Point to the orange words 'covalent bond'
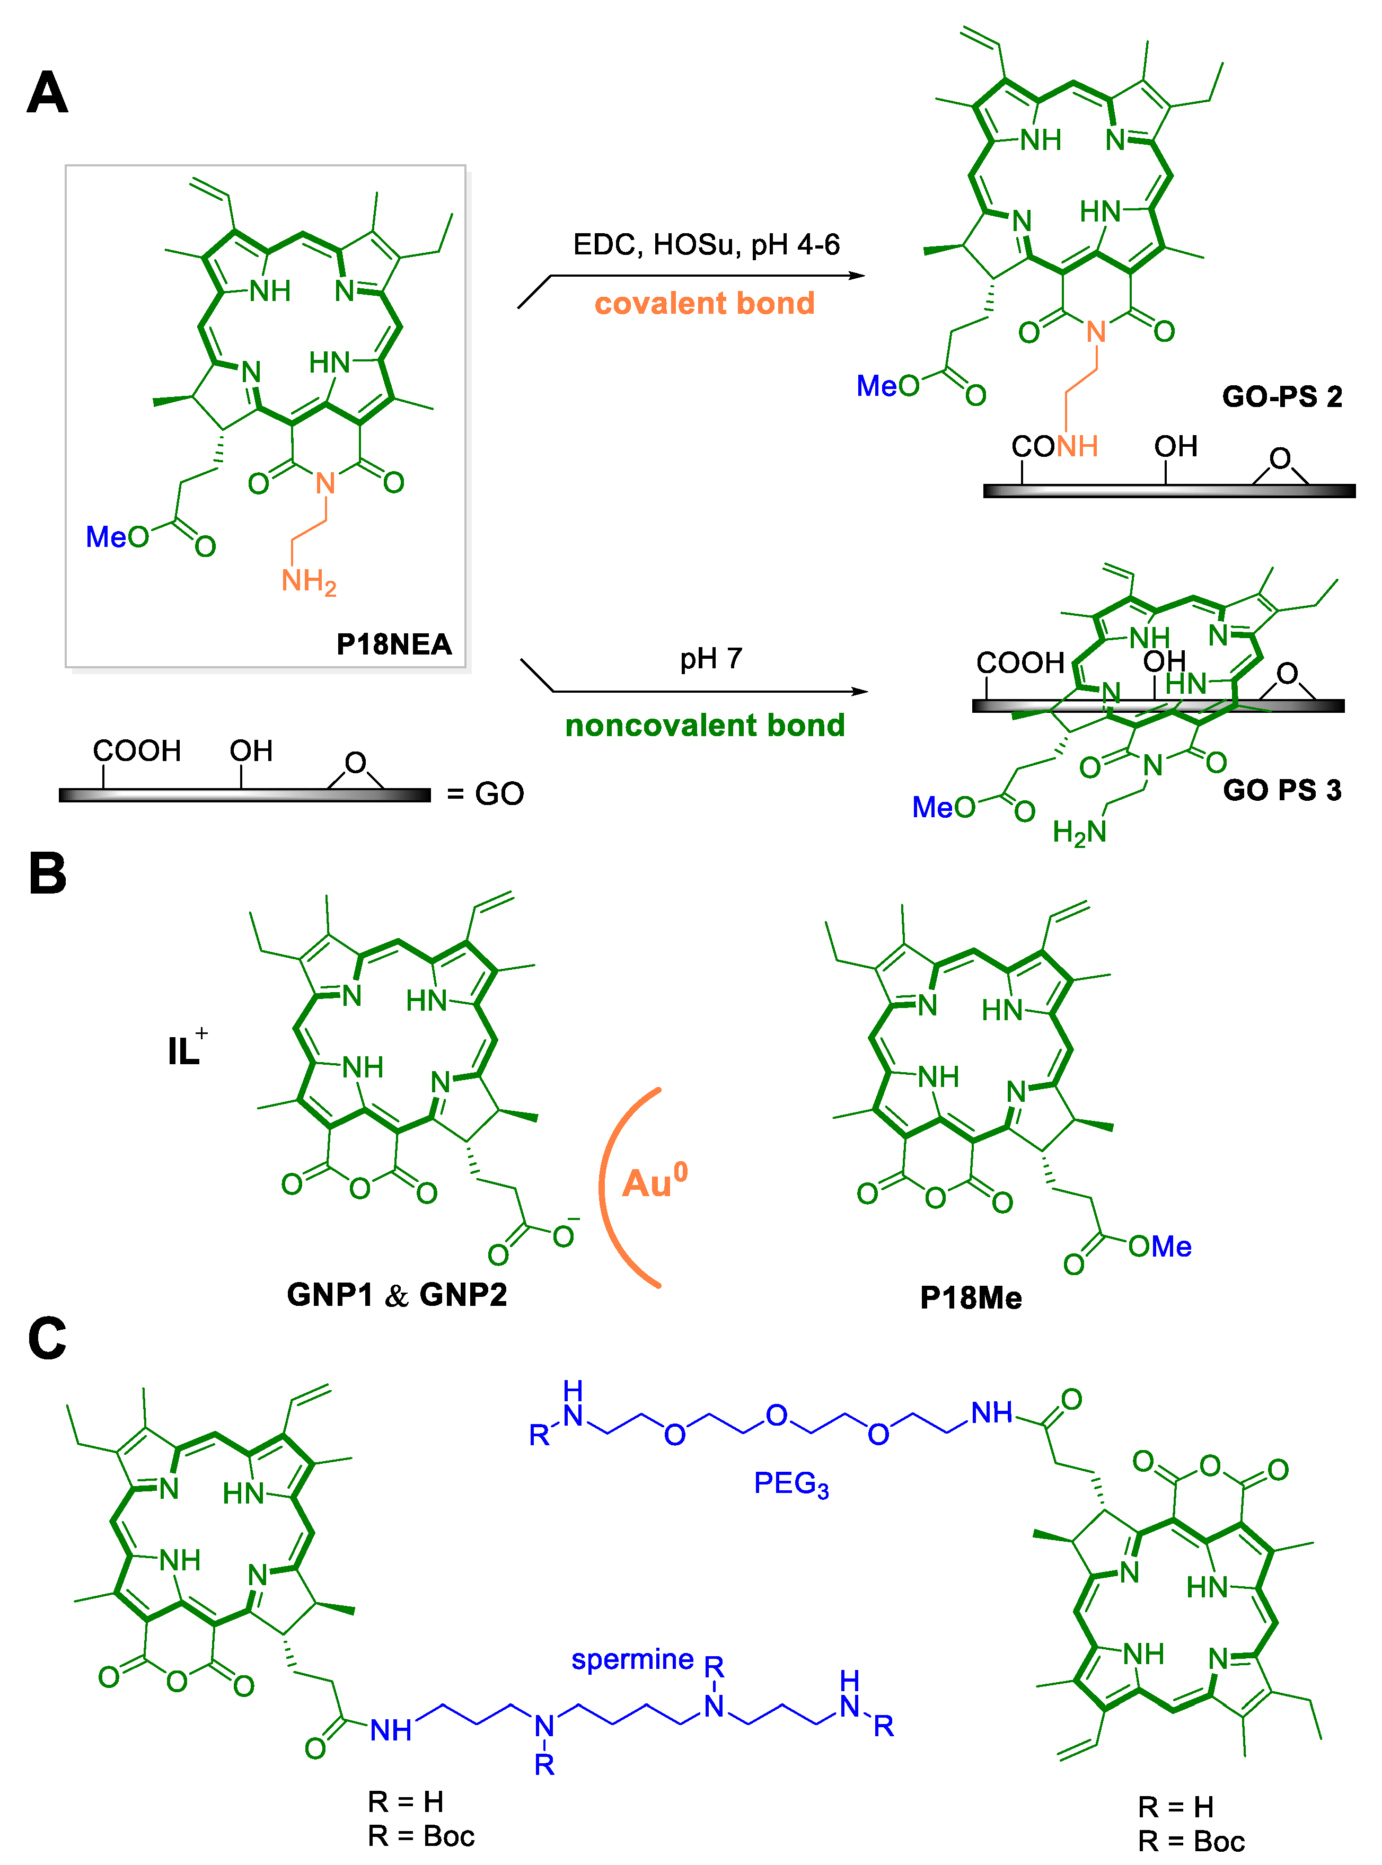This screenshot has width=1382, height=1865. pos(705,303)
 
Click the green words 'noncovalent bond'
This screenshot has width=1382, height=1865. pos(705,725)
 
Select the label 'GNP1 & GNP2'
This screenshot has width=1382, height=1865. pos(397,1295)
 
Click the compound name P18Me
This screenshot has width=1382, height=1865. pos(971,1298)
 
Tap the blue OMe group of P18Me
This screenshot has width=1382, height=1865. pos(1159,1247)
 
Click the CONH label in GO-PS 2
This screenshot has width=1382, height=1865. pos(1054,447)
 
